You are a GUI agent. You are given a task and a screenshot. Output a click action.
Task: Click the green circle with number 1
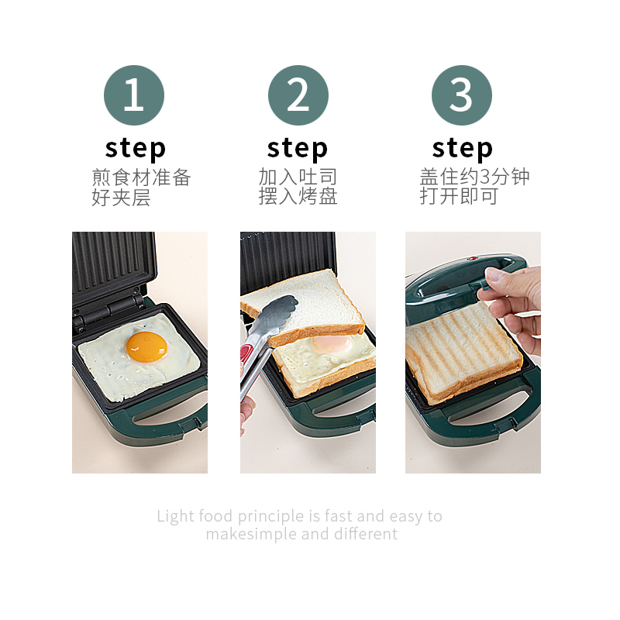tap(134, 95)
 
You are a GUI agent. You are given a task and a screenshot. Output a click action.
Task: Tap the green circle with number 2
tap(298, 95)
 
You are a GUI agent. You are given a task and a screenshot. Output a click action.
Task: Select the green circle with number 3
tap(462, 95)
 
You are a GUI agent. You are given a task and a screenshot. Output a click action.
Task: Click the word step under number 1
tap(136, 147)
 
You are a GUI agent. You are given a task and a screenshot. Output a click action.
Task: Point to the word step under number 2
tap(298, 147)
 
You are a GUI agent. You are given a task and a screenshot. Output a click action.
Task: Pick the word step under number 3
tap(462, 147)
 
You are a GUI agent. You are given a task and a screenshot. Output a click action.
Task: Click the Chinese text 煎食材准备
tap(141, 177)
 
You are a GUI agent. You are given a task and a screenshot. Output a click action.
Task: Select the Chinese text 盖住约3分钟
tap(474, 177)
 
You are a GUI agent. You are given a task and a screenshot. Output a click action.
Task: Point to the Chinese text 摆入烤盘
tap(298, 197)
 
